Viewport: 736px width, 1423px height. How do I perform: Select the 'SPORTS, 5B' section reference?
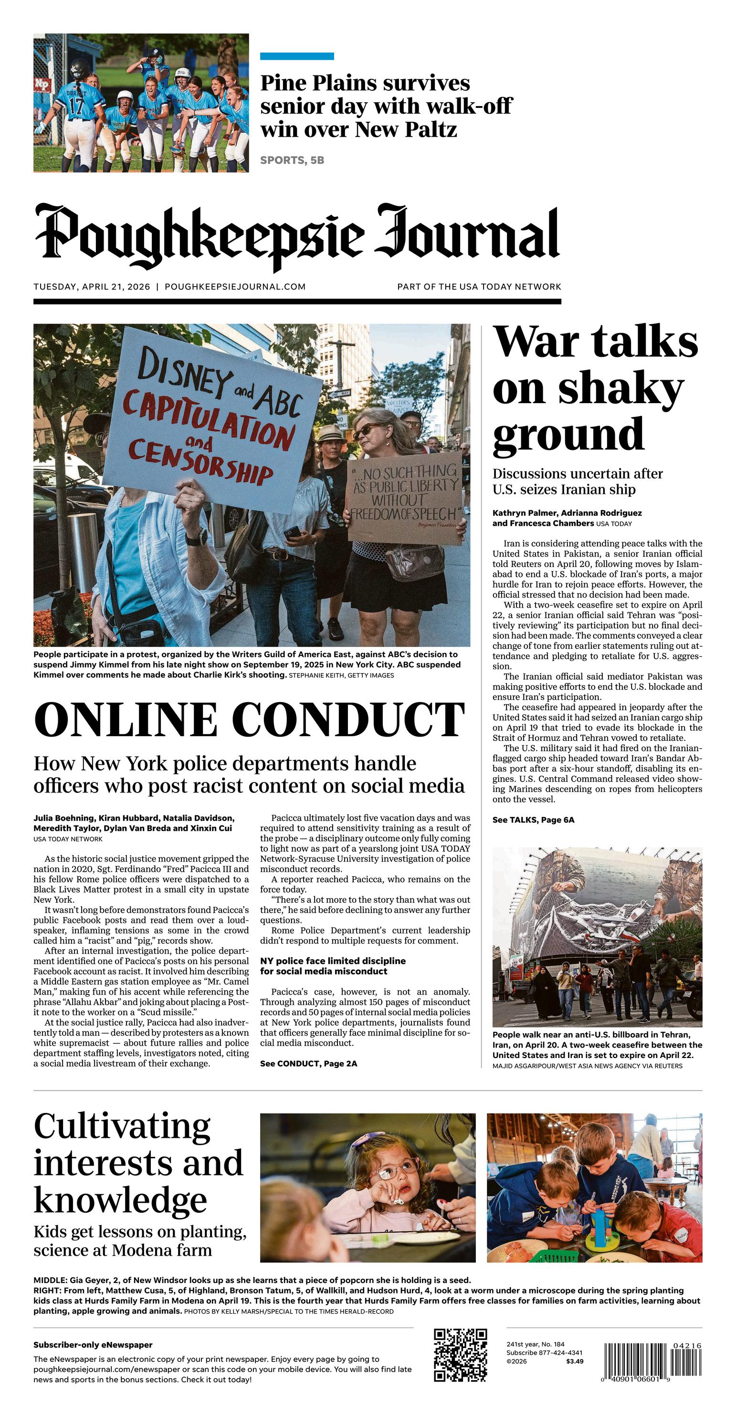pos(292,160)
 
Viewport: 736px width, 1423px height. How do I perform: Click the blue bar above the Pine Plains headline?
pos(296,56)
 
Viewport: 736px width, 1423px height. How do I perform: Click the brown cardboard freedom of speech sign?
pos(405,498)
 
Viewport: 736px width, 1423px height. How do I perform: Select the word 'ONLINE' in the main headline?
pos(125,719)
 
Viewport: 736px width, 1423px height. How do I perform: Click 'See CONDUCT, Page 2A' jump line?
pos(309,1063)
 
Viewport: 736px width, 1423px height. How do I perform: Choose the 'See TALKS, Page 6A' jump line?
pos(533,820)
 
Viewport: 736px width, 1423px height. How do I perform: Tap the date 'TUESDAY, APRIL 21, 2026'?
pos(92,287)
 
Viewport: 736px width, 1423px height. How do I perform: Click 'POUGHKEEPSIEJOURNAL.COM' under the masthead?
pos(235,287)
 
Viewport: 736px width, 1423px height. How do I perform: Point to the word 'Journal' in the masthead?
pos(467,235)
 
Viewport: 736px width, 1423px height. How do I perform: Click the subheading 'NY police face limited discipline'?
pos(333,961)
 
